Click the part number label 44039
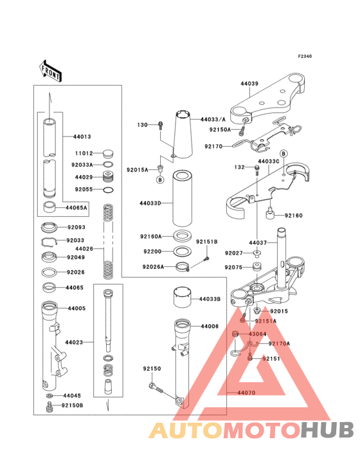249,84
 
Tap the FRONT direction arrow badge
51,71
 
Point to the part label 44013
82,137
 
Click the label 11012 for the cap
84,154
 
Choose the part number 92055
84,190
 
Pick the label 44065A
76,208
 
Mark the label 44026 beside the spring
84,248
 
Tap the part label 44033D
150,203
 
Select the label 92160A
151,237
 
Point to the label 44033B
210,299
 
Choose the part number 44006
210,327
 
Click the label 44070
246,392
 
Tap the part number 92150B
73,405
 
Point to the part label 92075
233,267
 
